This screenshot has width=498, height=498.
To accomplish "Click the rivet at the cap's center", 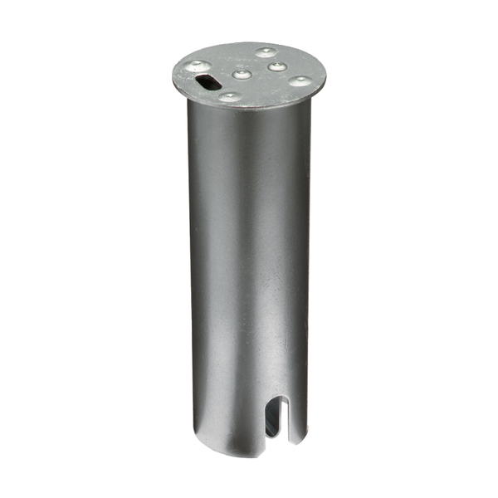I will (x=242, y=75).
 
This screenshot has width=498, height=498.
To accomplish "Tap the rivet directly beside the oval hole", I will (x=197, y=65).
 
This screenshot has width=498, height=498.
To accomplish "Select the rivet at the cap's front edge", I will (x=229, y=97).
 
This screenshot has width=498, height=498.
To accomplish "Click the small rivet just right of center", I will (x=277, y=66).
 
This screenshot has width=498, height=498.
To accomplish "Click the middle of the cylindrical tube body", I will (x=249, y=274).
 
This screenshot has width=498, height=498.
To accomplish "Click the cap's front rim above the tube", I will (x=249, y=110).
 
